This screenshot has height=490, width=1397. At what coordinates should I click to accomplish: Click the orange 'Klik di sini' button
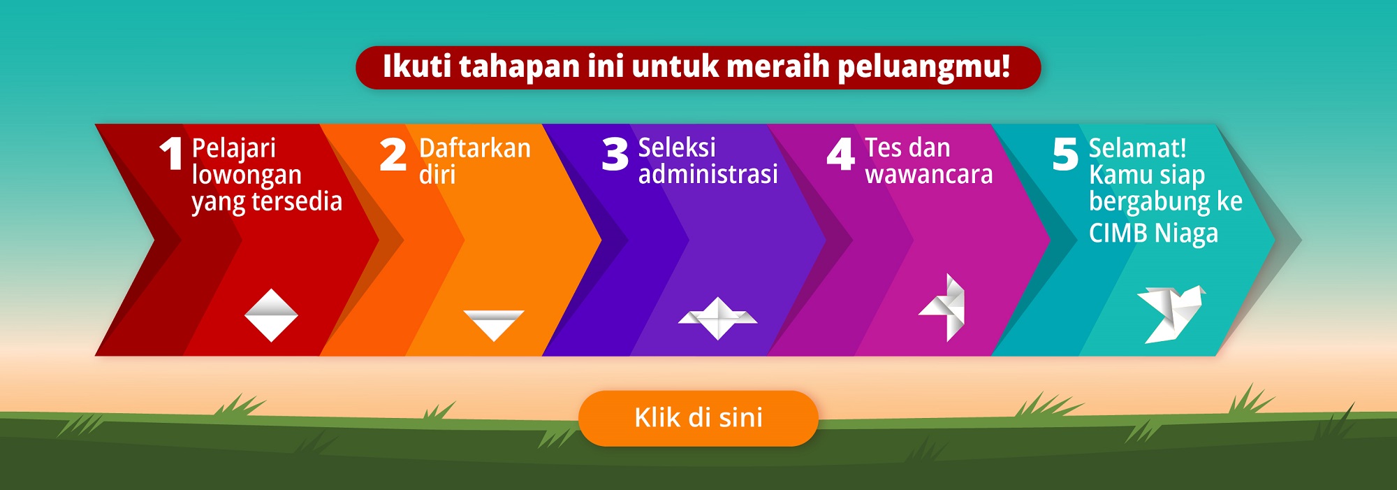[x=698, y=418]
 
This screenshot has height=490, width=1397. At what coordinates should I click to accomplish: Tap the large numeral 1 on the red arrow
[x=172, y=154]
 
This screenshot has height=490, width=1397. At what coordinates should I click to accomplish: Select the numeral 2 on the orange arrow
[x=393, y=154]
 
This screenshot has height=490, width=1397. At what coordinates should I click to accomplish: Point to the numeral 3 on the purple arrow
[x=615, y=154]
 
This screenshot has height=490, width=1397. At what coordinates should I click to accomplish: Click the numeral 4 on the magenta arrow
[x=840, y=154]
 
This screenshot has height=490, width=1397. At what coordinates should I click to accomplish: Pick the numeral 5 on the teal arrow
[x=1065, y=154]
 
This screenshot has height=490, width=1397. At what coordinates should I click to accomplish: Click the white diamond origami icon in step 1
[x=271, y=315]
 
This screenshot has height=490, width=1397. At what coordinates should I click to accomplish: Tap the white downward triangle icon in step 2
[x=494, y=325]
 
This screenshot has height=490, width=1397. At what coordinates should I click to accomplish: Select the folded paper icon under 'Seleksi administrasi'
[x=717, y=318]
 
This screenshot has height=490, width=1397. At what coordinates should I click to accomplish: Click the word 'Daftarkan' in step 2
[x=475, y=148]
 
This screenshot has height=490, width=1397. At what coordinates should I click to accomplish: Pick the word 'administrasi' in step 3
[x=708, y=173]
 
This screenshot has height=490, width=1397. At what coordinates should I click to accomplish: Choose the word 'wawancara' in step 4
[x=929, y=175]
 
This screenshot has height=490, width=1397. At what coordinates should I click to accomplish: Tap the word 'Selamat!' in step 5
[x=1138, y=148]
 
